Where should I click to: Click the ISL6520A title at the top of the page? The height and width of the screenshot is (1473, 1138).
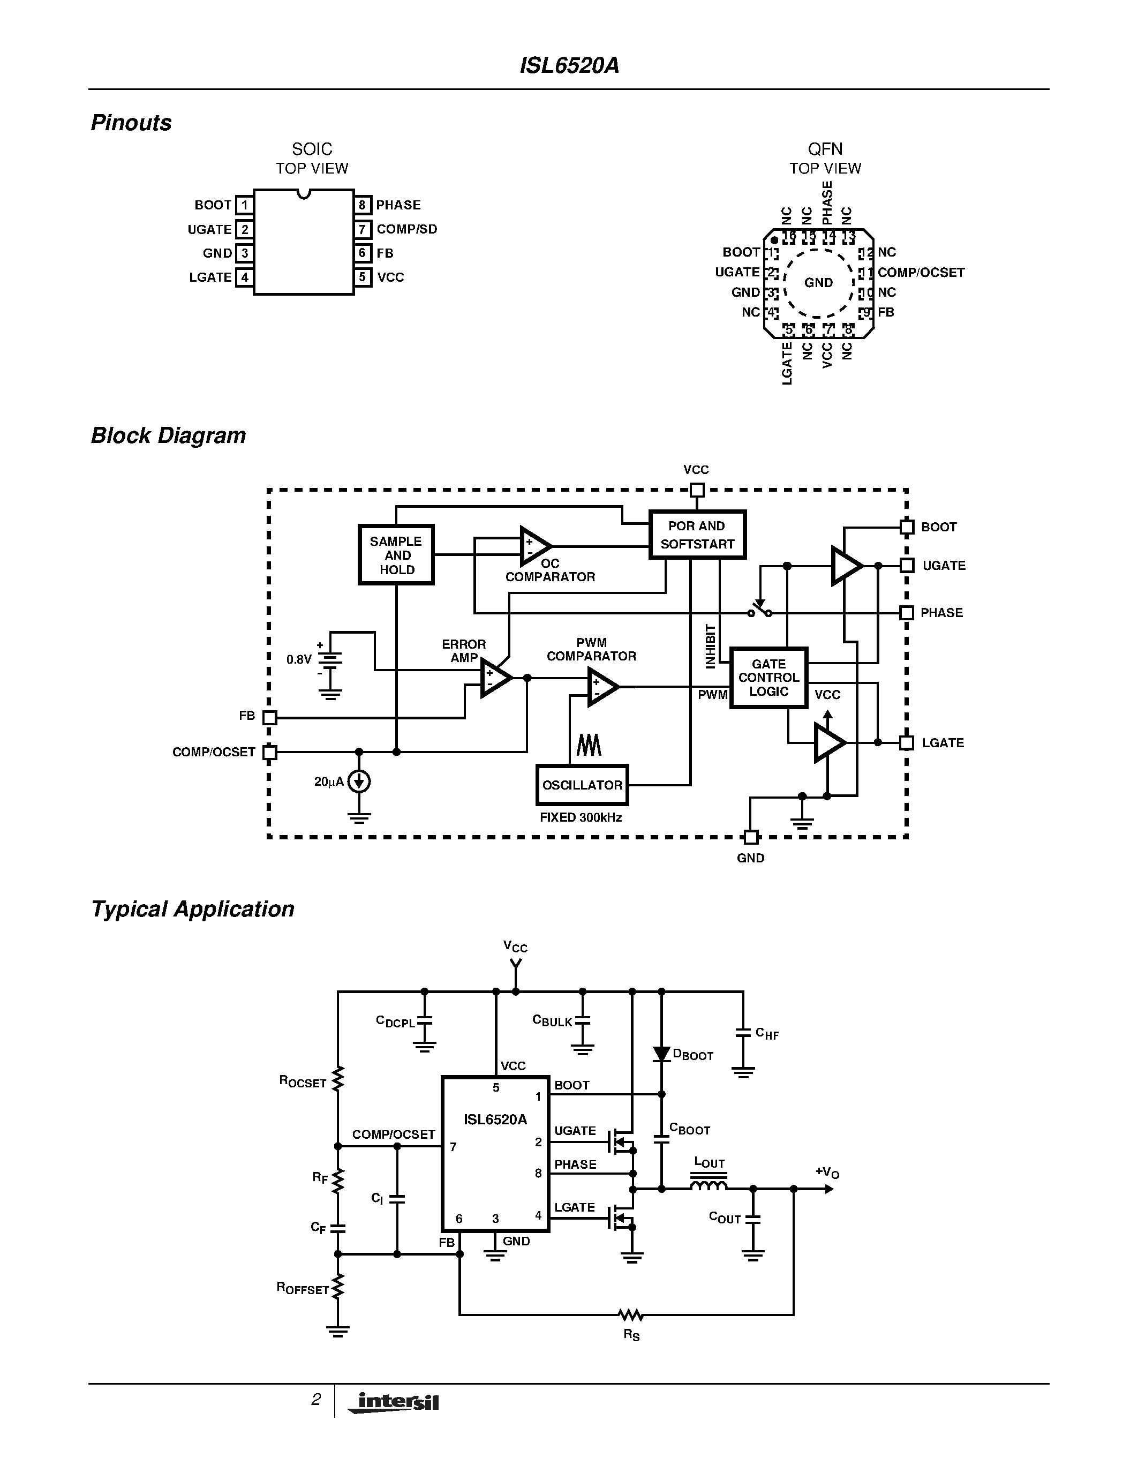click(569, 65)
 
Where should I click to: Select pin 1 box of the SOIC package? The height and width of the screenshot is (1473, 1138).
click(244, 205)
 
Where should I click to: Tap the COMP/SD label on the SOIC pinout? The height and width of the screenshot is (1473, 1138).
click(406, 229)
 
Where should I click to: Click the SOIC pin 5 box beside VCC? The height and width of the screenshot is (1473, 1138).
click(363, 277)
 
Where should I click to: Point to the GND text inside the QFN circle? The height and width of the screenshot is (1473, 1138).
click(818, 283)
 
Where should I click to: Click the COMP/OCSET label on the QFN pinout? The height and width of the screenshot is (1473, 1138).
click(921, 273)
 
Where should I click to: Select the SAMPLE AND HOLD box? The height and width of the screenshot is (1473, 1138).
click(396, 555)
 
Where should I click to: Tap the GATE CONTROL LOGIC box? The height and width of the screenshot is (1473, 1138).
click(768, 678)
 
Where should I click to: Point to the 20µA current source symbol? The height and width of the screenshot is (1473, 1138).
click(359, 781)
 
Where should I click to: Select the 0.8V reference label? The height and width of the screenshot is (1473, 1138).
click(299, 659)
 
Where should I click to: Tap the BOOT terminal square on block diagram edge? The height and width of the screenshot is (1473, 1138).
click(907, 527)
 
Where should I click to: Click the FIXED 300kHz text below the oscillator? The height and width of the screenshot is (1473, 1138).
click(581, 817)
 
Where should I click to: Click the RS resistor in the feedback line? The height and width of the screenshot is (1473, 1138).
click(631, 1314)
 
